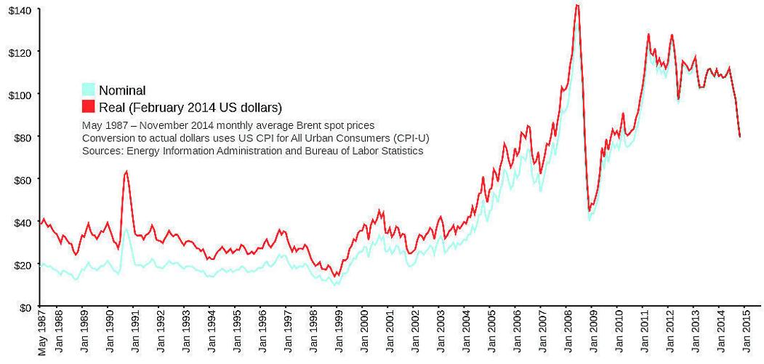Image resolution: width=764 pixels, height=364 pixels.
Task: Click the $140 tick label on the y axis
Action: click(19, 9)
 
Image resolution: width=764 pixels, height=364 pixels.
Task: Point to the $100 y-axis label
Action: click(19, 95)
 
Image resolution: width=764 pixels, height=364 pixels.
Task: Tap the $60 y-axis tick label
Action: click(21, 179)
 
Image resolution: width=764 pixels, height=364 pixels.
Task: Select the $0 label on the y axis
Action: click(25, 307)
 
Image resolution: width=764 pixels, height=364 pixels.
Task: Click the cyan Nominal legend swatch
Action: click(88, 90)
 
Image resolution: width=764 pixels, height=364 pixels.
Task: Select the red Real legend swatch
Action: click(88, 107)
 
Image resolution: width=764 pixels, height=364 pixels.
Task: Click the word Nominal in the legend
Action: click(122, 90)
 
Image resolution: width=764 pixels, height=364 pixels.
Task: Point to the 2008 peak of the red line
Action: click(576, 5)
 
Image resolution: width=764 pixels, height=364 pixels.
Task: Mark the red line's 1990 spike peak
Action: click(126, 172)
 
